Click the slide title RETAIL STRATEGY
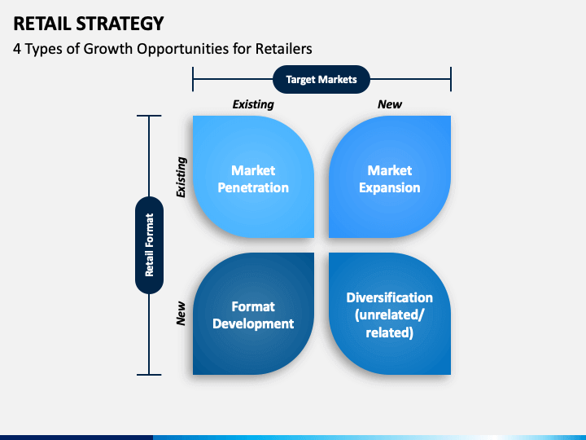click(89, 24)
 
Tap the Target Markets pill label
click(321, 79)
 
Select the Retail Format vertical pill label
click(149, 245)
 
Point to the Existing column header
click(253, 104)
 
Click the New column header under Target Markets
click(389, 104)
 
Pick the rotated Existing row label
click(181, 177)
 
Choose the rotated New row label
click(181, 313)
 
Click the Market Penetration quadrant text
click(253, 178)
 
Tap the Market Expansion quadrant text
click(389, 178)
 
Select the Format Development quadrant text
click(253, 315)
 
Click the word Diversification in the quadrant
click(389, 297)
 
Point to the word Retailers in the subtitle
click(284, 49)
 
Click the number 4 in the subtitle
click(17, 49)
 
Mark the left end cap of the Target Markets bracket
click(193, 79)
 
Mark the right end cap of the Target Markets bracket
click(451, 79)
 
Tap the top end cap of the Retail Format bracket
click(149, 116)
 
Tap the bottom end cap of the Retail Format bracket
click(149, 374)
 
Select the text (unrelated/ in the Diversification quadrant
click(389, 315)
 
